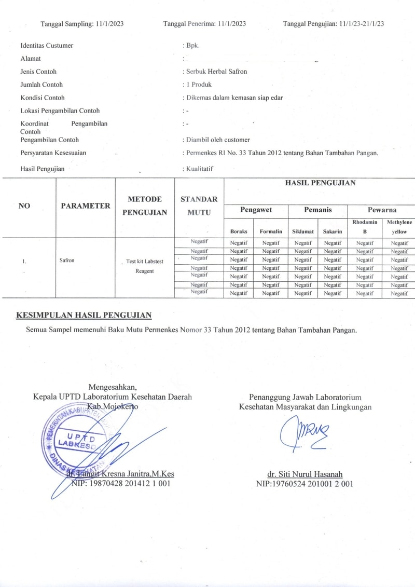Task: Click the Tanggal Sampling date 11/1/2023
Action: click(110, 24)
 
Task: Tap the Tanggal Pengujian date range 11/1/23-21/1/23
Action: click(362, 24)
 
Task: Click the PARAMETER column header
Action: click(86, 206)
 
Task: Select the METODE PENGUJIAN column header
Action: click(145, 206)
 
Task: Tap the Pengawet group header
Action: click(256, 210)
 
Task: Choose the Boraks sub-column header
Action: click(239, 231)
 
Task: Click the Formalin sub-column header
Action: click(271, 231)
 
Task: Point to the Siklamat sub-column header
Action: click(303, 231)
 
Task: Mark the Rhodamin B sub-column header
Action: click(365, 227)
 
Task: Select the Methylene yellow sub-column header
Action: click(399, 227)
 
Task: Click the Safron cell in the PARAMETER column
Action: click(67, 260)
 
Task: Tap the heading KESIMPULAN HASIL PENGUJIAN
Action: click(84, 315)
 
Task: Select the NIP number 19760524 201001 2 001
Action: click(305, 484)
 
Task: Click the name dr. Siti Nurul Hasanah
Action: click(305, 474)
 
